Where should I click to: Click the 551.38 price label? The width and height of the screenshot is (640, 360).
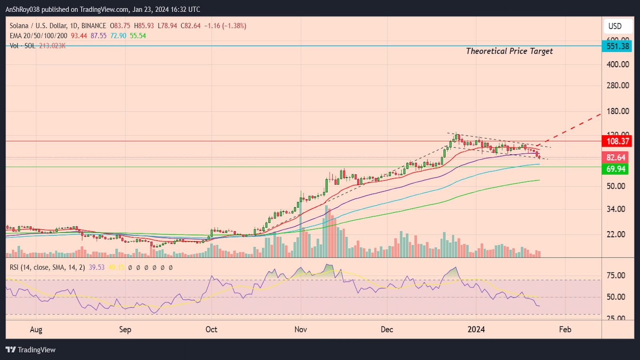[x=618, y=46]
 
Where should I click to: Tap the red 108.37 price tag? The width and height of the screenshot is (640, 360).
[x=618, y=141]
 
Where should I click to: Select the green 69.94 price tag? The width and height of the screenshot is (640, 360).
[x=615, y=169]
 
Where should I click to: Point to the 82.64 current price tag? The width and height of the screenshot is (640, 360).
[x=615, y=158]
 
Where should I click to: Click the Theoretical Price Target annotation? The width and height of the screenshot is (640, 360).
[x=509, y=51]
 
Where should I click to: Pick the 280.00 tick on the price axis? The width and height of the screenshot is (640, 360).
[x=618, y=85]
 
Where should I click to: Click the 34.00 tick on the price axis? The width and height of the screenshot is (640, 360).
[x=616, y=209]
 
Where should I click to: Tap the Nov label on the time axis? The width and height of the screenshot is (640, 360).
[x=300, y=329]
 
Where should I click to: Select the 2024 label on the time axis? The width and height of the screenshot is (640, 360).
[x=476, y=329]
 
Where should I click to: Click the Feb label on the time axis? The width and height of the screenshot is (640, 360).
[x=565, y=329]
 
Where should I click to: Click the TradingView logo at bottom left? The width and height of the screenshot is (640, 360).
[x=31, y=350]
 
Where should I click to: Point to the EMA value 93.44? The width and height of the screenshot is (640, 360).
[x=79, y=36]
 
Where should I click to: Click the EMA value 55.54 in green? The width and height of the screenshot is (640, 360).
[x=138, y=36]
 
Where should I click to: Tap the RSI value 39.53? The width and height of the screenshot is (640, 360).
[x=96, y=267]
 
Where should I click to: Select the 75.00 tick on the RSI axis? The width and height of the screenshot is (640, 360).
[x=616, y=275]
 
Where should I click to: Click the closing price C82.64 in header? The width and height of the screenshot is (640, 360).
[x=190, y=26]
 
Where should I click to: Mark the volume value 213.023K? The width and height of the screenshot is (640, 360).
[x=52, y=46]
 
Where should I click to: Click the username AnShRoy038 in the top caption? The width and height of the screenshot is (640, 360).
[x=22, y=9]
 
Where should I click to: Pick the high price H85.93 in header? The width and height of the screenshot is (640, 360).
[x=144, y=26]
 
